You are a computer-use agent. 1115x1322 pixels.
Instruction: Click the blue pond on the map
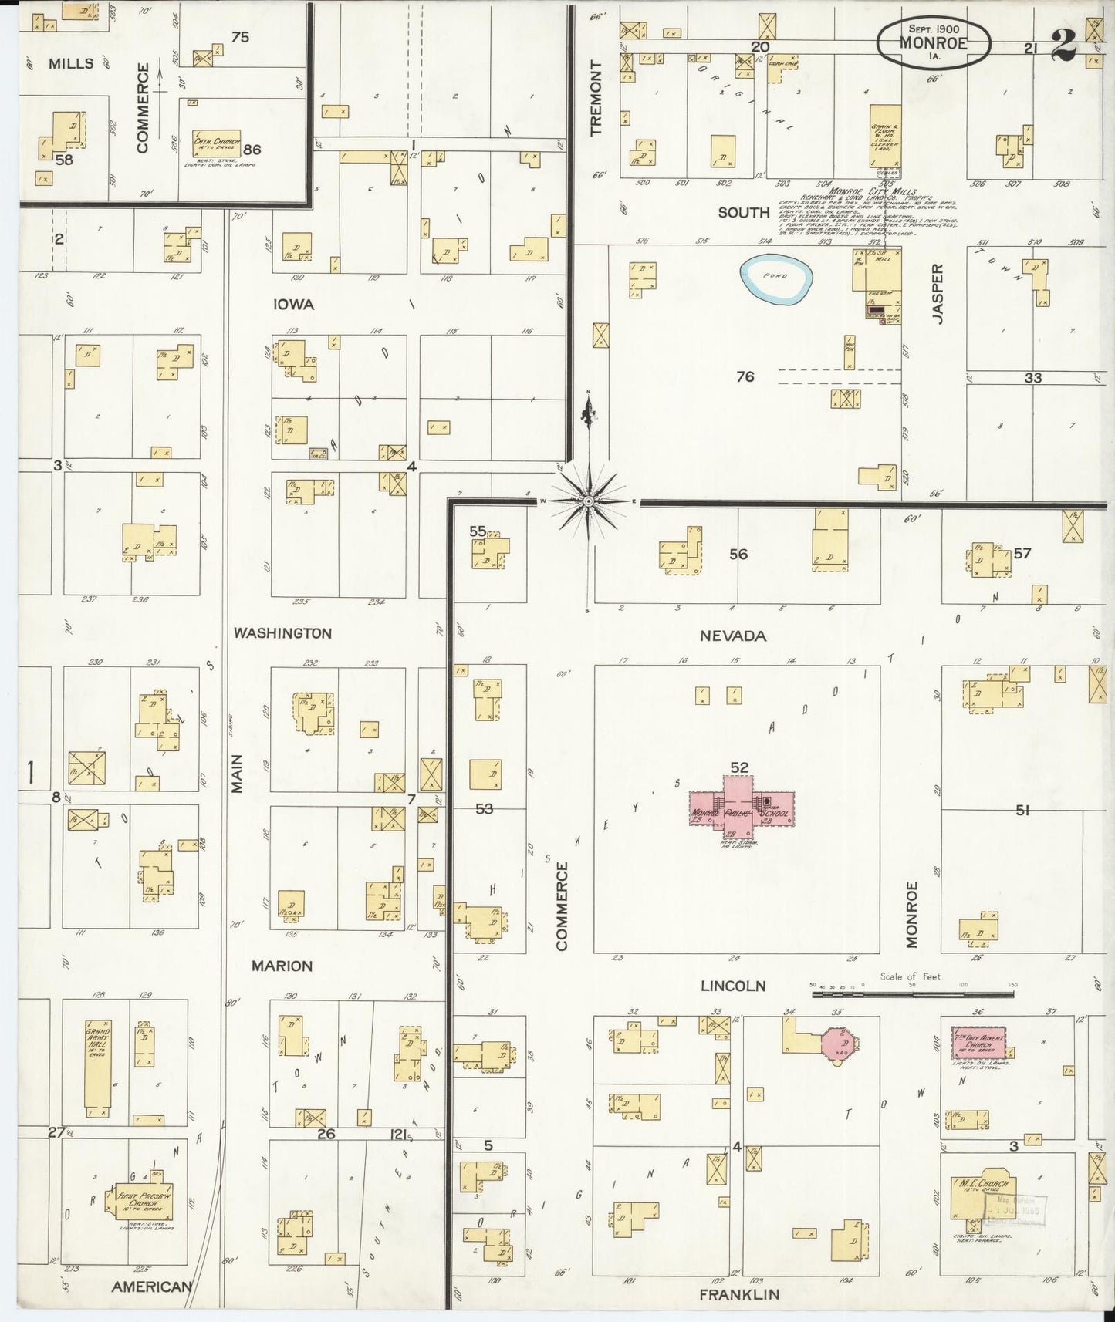click(777, 279)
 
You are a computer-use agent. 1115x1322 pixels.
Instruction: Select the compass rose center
click(589, 501)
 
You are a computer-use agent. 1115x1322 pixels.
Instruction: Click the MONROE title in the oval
click(933, 43)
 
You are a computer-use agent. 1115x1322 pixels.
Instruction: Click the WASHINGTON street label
click(282, 633)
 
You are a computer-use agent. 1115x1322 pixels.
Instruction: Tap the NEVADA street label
click(732, 636)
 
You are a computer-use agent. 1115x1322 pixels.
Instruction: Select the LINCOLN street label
click(732, 986)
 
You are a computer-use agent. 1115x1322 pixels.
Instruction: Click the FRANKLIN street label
click(738, 1295)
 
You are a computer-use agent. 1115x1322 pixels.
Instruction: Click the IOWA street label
click(293, 305)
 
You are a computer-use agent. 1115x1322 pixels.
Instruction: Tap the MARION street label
click(283, 966)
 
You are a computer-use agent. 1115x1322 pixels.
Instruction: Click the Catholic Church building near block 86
click(216, 143)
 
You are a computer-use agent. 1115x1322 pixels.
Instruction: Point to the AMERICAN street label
click(151, 1287)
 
